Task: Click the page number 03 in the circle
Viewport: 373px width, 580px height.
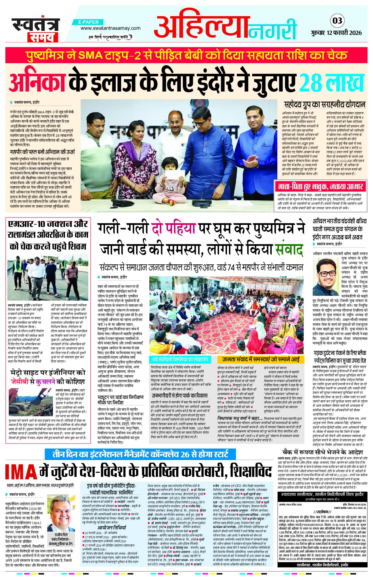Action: point(337,21)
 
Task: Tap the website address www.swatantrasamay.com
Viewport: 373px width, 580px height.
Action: point(110,28)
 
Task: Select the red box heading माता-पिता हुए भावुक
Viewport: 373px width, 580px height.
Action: point(320,187)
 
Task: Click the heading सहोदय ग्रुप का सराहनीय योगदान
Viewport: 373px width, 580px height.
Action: point(325,105)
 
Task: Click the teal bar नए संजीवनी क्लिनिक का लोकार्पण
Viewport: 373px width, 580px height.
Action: point(180,360)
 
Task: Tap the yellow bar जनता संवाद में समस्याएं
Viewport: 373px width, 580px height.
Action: point(260,360)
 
